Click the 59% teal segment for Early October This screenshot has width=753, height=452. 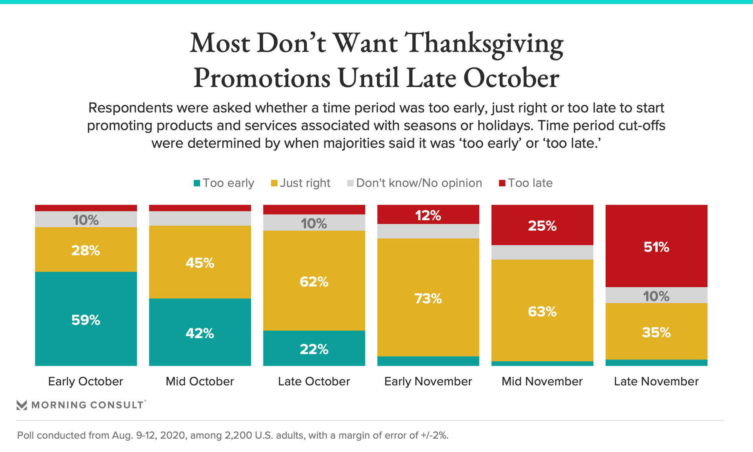tap(86, 319)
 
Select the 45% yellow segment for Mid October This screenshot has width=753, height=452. tap(200, 262)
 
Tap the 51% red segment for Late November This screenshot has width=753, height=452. tap(657, 246)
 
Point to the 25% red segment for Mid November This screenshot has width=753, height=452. tap(542, 225)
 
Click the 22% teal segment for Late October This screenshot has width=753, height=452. tap(314, 348)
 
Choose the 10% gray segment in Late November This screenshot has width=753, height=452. tap(657, 295)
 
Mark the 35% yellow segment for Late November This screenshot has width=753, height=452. tap(657, 332)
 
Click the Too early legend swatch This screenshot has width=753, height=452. tap(197, 183)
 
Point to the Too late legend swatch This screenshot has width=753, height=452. tap(502, 183)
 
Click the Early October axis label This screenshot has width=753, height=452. tap(85, 381)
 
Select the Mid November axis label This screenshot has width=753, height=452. tap(542, 381)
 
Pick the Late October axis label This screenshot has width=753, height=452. tap(314, 381)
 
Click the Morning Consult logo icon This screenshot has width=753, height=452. tap(22, 405)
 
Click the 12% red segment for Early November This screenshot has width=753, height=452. tap(428, 215)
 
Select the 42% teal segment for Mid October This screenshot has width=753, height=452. tap(200, 333)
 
